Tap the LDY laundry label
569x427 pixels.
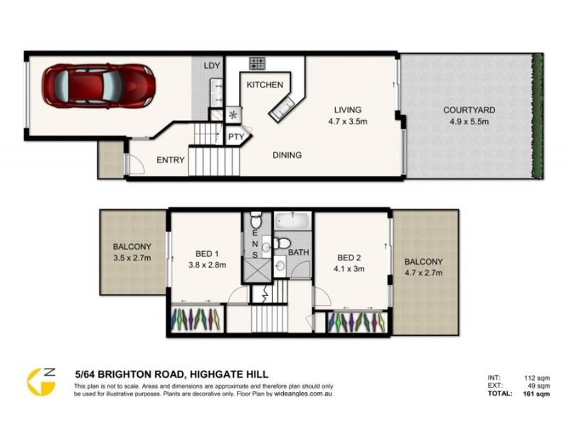tap(212, 66)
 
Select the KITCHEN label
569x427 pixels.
tap(265, 85)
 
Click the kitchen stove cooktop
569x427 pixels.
tap(257, 64)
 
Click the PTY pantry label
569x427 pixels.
tap(235, 137)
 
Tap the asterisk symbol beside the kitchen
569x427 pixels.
tap(233, 115)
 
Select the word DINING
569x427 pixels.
tap(287, 154)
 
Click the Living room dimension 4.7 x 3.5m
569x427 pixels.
tap(349, 122)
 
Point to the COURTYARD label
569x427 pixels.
tap(469, 110)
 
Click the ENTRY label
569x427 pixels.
tap(171, 160)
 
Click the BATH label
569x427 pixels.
tap(298, 251)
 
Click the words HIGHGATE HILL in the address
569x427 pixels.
tap(228, 373)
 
